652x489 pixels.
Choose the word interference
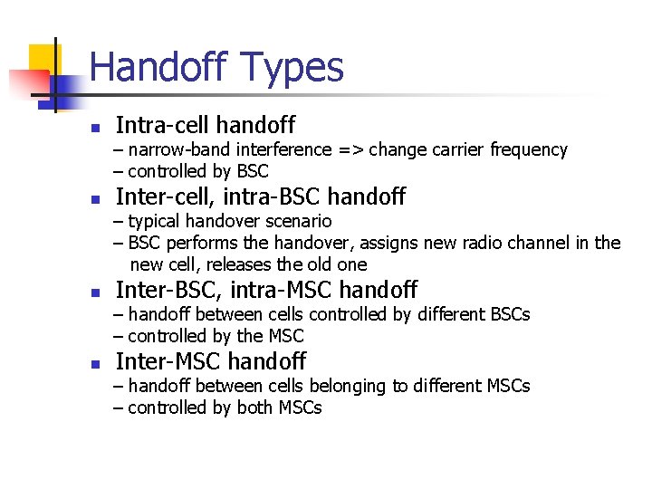point(277,150)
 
